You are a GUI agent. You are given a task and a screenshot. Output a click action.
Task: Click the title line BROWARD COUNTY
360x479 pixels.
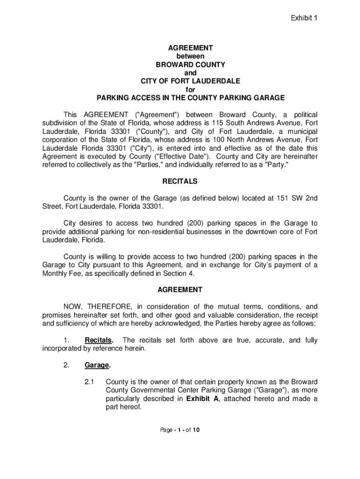click(190, 65)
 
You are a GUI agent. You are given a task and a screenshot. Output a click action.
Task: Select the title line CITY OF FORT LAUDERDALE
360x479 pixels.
click(190, 81)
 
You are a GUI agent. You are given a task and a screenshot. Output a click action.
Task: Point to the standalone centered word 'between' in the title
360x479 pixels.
click(190, 56)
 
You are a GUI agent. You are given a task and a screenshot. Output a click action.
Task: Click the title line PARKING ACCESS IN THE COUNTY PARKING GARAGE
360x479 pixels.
click(190, 98)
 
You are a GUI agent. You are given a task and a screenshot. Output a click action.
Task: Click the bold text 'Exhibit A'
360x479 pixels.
click(202, 399)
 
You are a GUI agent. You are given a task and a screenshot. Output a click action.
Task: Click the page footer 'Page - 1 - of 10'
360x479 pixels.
click(180, 430)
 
